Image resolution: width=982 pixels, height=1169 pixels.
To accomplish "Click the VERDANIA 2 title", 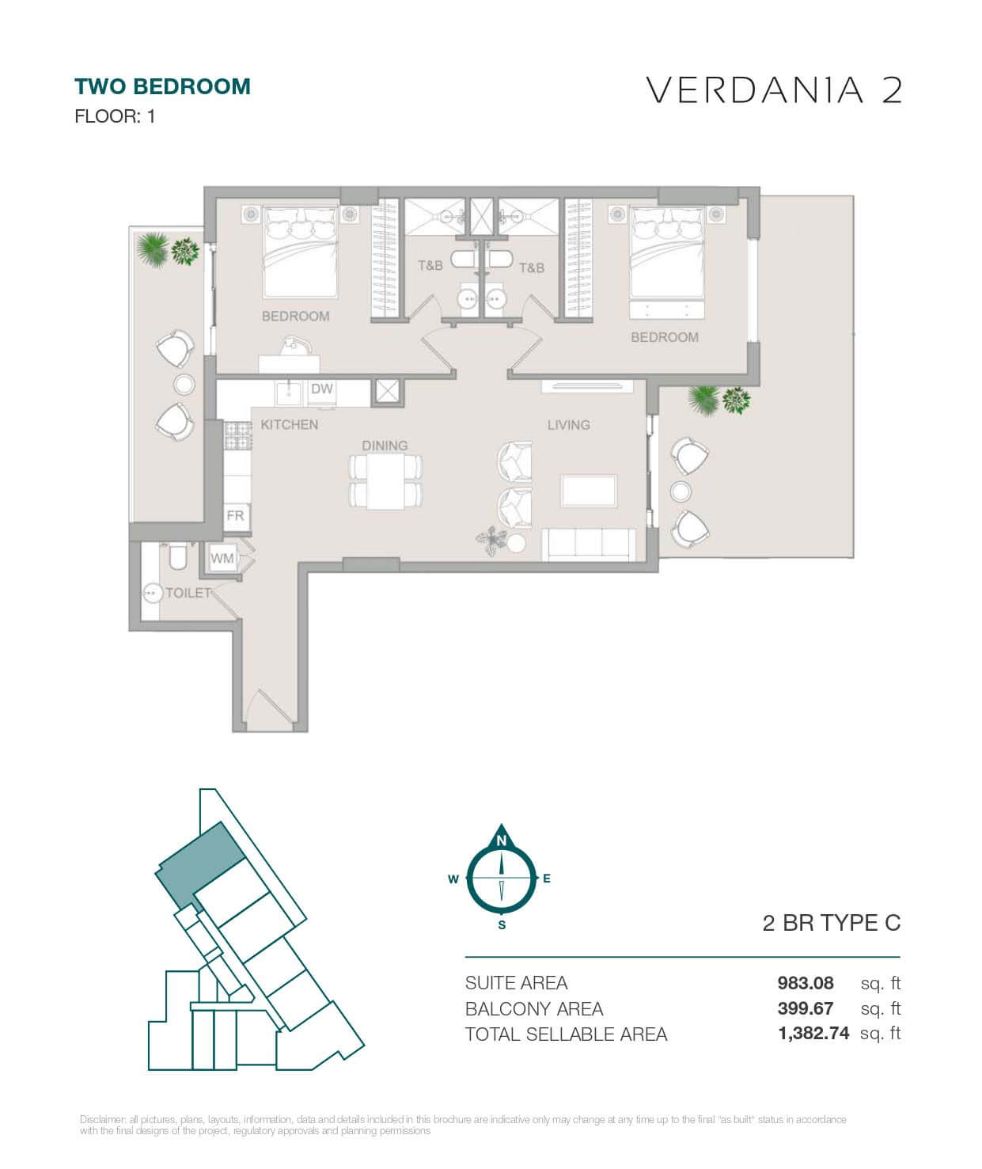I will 774,90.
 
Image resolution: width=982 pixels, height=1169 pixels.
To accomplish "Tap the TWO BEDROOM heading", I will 162,86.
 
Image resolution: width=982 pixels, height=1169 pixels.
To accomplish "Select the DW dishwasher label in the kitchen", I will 321,389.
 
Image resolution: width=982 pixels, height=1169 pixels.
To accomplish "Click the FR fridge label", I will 235,515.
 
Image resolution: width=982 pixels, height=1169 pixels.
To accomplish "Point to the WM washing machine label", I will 222,558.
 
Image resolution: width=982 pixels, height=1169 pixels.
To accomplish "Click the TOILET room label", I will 188,593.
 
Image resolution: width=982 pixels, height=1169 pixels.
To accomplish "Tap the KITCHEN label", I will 289,425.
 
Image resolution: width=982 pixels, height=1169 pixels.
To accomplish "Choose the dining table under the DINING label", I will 385,483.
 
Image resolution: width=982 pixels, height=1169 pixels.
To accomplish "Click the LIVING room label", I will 568,425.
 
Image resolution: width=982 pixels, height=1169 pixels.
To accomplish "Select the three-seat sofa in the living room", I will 588,545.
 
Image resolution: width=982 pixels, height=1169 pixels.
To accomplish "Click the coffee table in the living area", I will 589,491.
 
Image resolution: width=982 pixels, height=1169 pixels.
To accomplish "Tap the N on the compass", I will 501,841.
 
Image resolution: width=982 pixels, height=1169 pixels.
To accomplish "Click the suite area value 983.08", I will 805,983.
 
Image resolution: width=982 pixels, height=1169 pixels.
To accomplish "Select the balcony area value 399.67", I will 805,1008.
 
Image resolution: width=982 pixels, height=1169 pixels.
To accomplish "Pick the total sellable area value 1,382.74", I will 813,1034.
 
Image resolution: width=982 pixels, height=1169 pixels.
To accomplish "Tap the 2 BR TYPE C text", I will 831,923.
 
